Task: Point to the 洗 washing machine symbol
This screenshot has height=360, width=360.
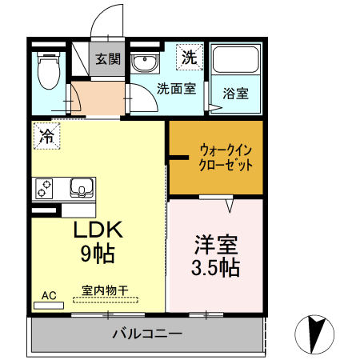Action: click(x=188, y=57)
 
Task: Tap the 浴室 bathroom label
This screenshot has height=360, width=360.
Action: click(x=235, y=93)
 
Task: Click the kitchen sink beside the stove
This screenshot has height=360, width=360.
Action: click(x=82, y=189)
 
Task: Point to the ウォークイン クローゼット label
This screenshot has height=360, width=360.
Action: click(x=226, y=158)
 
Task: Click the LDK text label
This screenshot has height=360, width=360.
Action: click(x=98, y=230)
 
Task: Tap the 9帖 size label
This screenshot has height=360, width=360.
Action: click(x=97, y=255)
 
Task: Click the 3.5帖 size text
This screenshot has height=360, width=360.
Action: click(x=215, y=266)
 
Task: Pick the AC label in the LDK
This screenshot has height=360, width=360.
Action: click(x=49, y=295)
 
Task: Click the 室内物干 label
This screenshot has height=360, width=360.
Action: click(x=104, y=290)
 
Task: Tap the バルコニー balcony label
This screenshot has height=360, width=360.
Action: click(x=147, y=333)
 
